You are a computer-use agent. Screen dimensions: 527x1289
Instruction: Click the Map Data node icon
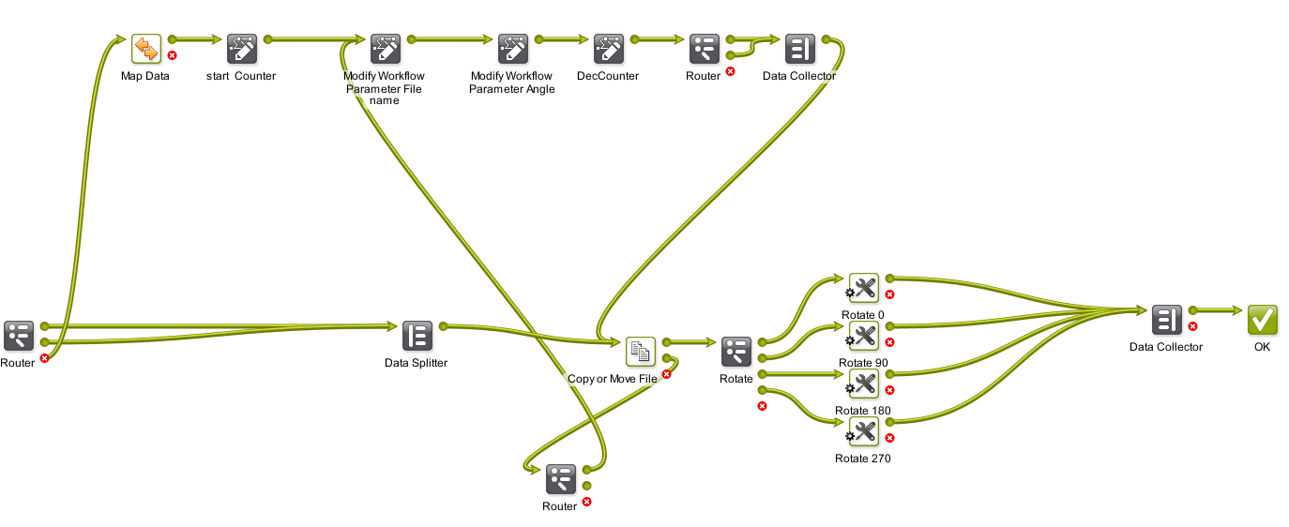click(x=146, y=49)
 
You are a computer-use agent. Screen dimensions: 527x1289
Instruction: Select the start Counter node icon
click(x=241, y=49)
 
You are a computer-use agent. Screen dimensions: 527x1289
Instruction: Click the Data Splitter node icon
click(x=417, y=336)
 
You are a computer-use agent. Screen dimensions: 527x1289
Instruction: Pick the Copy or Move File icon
click(x=641, y=352)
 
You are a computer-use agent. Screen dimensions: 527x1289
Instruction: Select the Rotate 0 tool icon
click(x=863, y=288)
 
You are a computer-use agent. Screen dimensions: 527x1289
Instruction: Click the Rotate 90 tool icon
click(x=863, y=336)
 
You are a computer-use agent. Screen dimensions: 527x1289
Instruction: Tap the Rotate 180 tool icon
click(x=863, y=384)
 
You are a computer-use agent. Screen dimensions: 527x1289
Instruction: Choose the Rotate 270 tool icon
click(x=863, y=431)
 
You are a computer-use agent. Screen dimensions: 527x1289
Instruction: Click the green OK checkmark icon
click(x=1262, y=321)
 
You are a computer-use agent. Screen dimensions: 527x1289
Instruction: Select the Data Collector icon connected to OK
click(x=1166, y=321)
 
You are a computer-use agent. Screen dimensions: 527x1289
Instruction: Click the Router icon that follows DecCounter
click(x=704, y=49)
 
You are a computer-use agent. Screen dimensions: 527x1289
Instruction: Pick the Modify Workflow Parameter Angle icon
click(x=512, y=49)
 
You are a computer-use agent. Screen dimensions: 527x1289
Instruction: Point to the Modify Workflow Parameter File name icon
click(x=385, y=49)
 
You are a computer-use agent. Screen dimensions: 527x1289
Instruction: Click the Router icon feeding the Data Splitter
click(x=18, y=336)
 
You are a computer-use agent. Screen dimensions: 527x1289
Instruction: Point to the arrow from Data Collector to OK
click(x=1218, y=310)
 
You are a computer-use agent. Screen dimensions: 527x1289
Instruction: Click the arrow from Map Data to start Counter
click(x=199, y=40)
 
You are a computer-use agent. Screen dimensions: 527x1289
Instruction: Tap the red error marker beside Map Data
click(x=173, y=56)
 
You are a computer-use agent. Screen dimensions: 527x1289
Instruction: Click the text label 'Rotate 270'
click(x=863, y=459)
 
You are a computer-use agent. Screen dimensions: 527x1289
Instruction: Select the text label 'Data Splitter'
click(x=417, y=363)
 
